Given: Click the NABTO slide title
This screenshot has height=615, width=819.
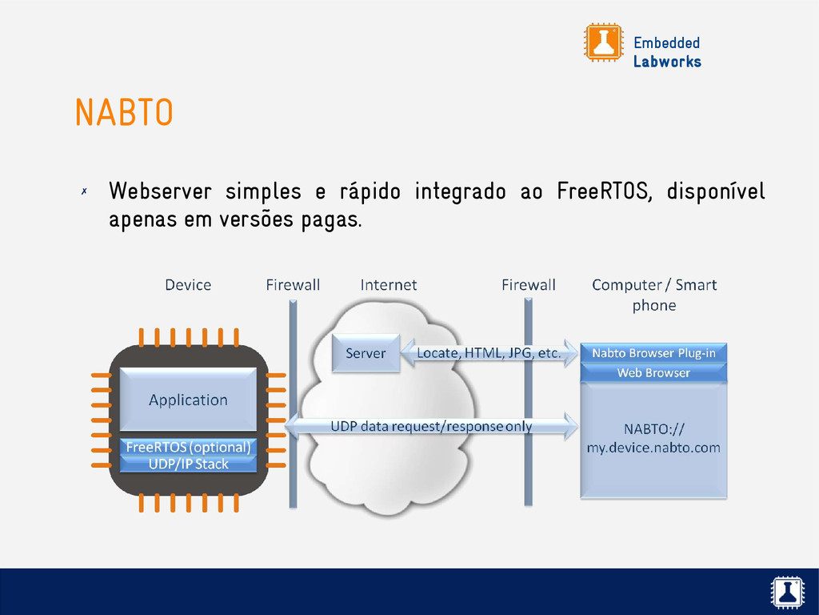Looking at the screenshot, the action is tap(124, 113).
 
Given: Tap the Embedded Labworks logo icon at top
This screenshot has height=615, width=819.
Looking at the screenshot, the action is tap(603, 42).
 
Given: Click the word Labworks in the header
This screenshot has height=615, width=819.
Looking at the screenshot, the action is tap(667, 62).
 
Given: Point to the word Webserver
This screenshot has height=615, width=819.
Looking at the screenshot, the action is tap(160, 192).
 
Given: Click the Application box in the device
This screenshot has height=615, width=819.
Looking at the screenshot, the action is tap(188, 400).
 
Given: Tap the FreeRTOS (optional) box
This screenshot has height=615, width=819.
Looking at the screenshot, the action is tap(188, 447).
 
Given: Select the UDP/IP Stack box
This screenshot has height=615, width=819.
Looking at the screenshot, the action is tap(188, 464).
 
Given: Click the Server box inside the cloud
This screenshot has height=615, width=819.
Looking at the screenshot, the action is tap(366, 353).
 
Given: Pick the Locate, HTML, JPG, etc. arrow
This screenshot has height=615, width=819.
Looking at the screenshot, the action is tap(488, 353).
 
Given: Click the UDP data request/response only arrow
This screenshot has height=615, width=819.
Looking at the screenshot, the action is tap(432, 426).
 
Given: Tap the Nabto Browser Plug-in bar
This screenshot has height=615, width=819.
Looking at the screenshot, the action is tap(653, 353).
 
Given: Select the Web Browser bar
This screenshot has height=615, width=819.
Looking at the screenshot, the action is tap(653, 372).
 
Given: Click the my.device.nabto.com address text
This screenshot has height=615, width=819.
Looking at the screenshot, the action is tap(653, 448).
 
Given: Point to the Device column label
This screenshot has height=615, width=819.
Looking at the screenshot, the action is tap(188, 284).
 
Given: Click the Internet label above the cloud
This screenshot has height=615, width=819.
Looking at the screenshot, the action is tap(389, 284).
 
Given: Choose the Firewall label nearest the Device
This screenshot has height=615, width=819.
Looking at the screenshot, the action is tap(293, 284).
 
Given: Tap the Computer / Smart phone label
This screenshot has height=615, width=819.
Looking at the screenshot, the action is tap(654, 294).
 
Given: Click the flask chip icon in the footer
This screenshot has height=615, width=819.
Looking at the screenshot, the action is tap(787, 592).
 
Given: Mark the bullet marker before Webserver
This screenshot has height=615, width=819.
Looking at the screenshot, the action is tap(83, 192).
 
